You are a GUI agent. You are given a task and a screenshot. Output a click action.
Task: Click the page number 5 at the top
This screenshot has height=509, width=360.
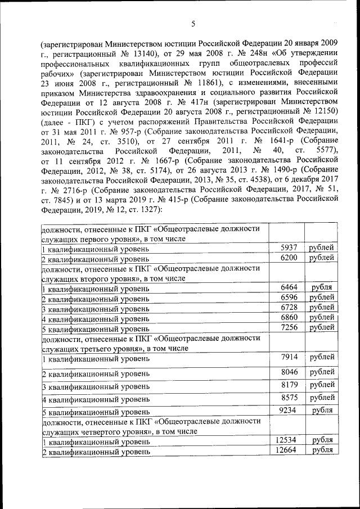tap(193, 24)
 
